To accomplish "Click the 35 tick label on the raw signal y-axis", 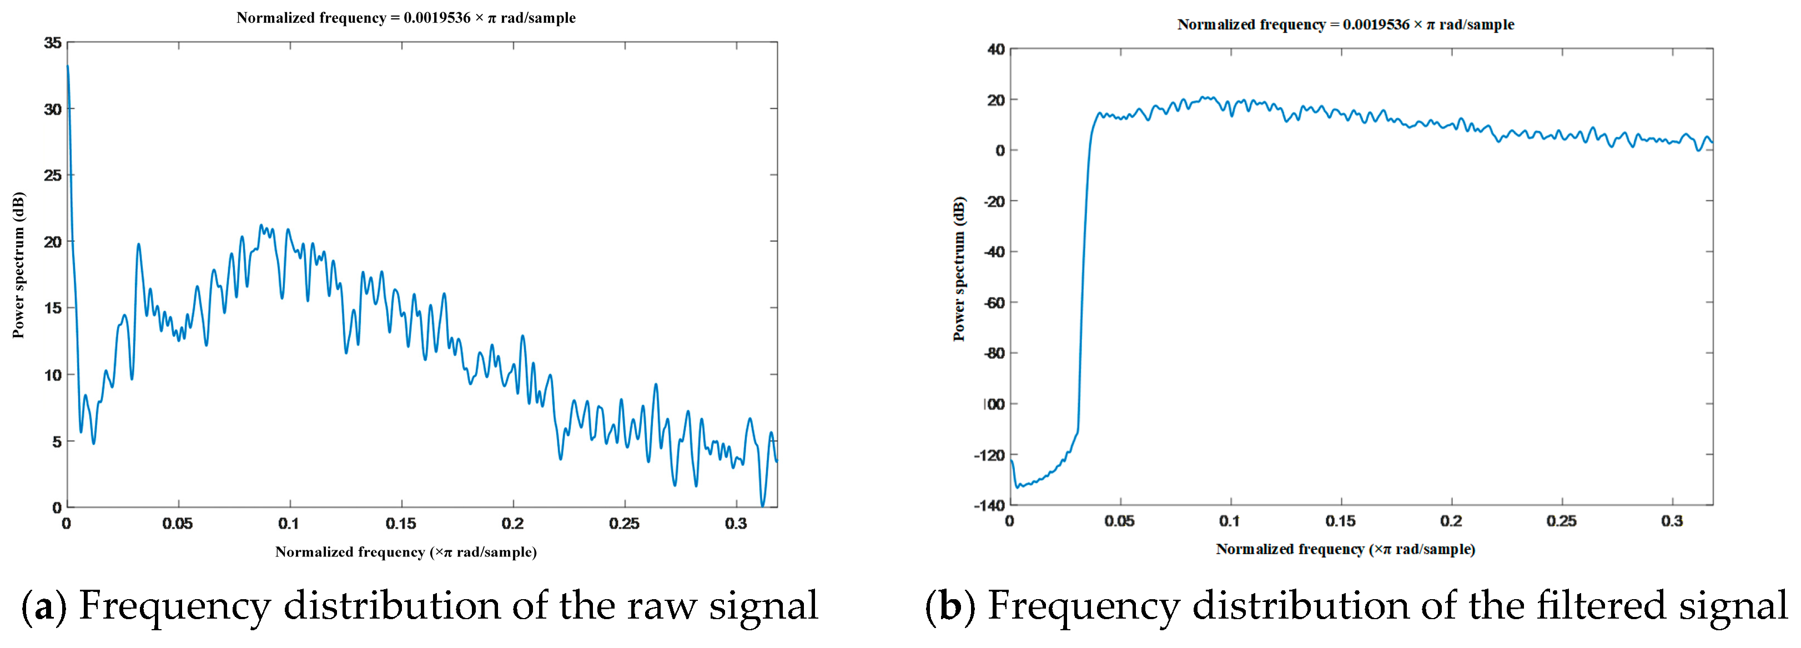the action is [52, 43].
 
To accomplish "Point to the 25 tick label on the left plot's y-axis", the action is [52, 175].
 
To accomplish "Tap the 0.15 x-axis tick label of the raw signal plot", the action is [401, 524].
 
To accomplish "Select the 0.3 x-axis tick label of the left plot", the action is [736, 524].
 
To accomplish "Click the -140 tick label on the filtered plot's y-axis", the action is [989, 505].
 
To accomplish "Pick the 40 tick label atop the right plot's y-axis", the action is [997, 49].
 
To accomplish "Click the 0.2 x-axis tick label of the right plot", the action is [1451, 521].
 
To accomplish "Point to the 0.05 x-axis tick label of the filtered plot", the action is [1119, 521].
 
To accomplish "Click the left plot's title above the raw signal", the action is [406, 17].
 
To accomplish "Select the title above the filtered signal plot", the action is [1346, 24].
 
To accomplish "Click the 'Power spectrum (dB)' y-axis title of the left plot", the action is [18, 265].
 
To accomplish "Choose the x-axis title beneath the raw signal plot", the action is [406, 551].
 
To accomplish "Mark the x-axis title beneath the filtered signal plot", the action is [1346, 549].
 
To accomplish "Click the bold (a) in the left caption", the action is [44, 605].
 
